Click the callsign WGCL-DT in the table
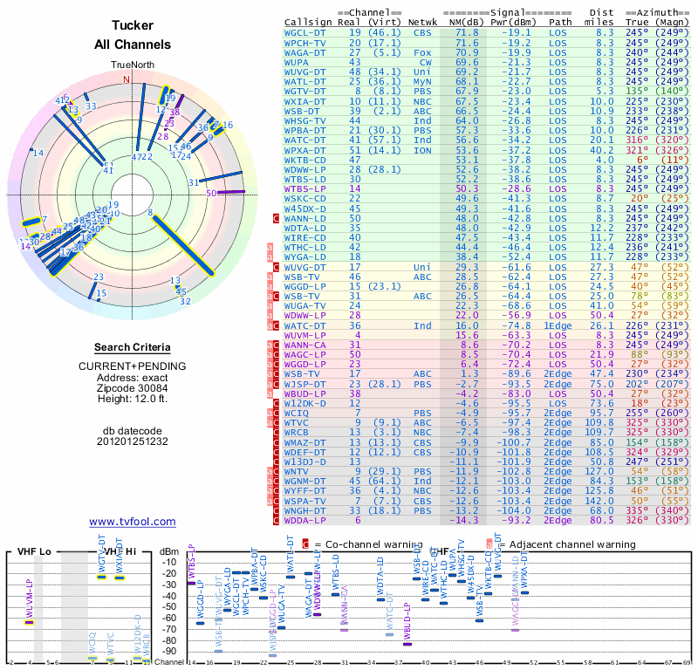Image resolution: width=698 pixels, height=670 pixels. pyautogui.click(x=305, y=32)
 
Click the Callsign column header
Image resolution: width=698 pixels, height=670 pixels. pyautogui.click(x=307, y=22)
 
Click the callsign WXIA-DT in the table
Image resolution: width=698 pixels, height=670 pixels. pyautogui.click(x=305, y=101)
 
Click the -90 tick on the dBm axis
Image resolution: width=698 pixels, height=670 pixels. pyautogui.click(x=169, y=651)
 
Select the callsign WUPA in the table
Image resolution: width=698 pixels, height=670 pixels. pyautogui.click(x=298, y=63)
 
